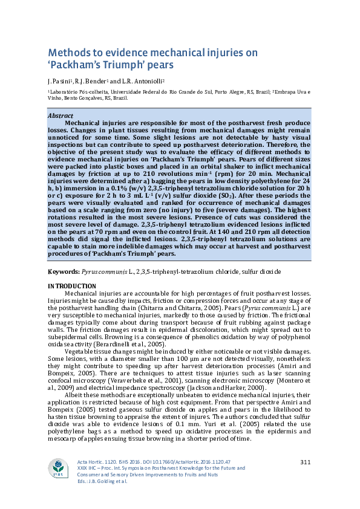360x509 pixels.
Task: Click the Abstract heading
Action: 60,115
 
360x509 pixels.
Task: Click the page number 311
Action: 305,462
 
